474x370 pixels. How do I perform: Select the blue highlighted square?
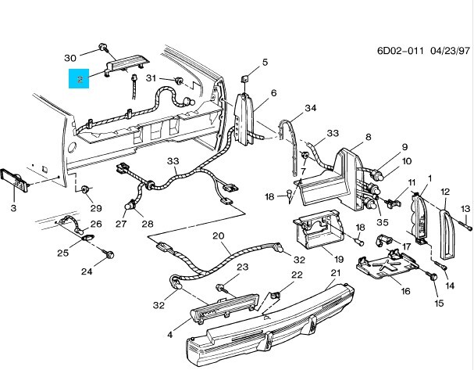(80, 78)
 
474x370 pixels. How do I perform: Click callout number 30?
(69, 57)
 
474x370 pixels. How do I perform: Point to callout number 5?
(265, 62)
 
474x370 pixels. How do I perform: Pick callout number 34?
(310, 108)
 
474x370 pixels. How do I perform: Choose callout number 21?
(337, 273)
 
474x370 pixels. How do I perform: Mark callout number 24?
(87, 271)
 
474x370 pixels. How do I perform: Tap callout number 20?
(218, 235)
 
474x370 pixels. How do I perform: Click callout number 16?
(405, 291)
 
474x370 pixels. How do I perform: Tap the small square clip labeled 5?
(244, 79)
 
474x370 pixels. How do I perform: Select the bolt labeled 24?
(109, 254)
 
